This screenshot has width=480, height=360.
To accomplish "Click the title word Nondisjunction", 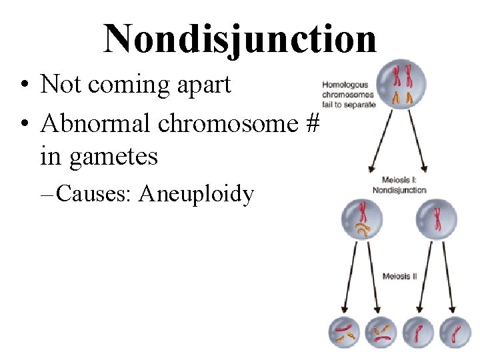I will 240,37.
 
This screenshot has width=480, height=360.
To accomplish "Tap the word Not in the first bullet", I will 59,85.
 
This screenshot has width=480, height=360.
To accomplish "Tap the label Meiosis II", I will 400,276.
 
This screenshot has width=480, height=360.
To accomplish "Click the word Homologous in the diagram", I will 345,85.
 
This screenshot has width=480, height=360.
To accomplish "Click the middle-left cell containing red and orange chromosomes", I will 363,221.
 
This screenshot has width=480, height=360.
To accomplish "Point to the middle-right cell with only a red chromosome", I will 437,221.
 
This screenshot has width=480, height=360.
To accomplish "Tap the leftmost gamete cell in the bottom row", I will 344,333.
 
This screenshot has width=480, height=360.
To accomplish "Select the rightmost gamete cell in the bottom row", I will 455,333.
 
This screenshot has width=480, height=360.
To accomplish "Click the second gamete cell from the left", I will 381,333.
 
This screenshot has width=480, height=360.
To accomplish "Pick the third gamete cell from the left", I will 418,333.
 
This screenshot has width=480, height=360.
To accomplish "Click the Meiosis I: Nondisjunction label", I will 403,185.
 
